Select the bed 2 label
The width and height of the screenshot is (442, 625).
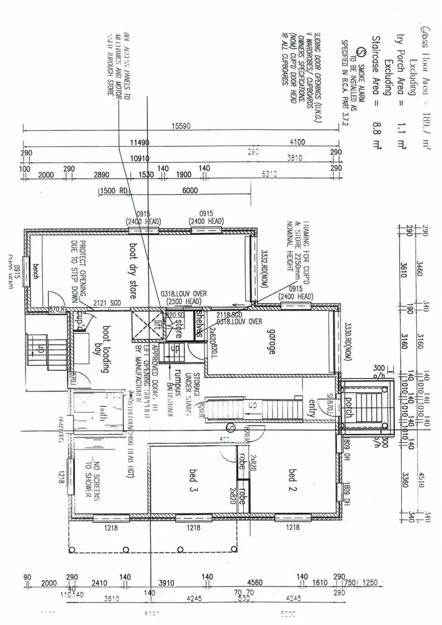(x=293, y=474)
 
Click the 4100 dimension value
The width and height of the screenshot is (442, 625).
(x=297, y=142)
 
